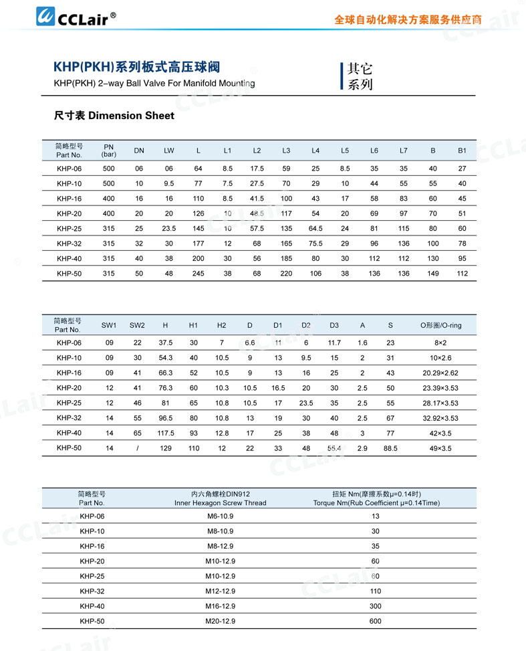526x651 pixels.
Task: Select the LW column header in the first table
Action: click(x=169, y=151)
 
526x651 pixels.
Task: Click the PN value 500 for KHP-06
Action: click(x=108, y=169)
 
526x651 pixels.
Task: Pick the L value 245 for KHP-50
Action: click(x=198, y=273)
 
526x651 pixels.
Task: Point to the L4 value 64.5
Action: click(x=315, y=228)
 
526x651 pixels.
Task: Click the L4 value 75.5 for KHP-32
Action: click(x=315, y=244)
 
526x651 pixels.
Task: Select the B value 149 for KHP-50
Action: click(x=433, y=273)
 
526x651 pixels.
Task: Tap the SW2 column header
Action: click(x=137, y=325)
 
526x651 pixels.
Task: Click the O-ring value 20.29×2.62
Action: click(x=440, y=373)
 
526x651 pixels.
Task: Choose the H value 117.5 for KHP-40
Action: click(x=165, y=433)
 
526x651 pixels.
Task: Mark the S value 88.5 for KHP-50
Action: click(x=390, y=448)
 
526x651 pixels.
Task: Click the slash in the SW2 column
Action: click(x=137, y=448)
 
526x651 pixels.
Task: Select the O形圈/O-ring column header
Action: click(x=440, y=325)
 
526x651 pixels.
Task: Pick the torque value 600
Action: click(x=376, y=621)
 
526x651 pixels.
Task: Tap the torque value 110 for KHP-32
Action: click(x=376, y=591)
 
